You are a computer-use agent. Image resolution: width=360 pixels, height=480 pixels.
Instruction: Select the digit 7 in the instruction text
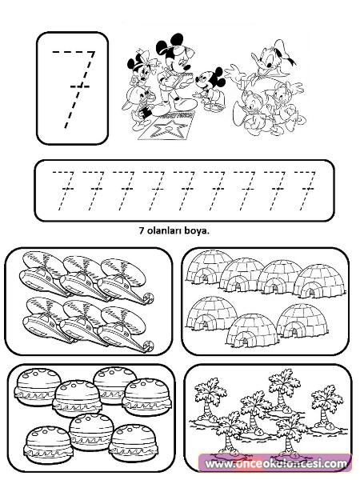(142, 230)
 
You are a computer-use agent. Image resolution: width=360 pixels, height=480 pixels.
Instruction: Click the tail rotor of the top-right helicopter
(149, 298)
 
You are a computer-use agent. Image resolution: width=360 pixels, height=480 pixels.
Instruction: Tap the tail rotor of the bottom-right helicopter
(149, 346)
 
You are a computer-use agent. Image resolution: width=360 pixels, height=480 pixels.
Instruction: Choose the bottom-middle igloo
(252, 330)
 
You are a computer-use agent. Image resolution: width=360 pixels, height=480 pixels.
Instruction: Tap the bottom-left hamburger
(47, 442)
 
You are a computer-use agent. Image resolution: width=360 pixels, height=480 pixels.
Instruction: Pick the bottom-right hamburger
(134, 442)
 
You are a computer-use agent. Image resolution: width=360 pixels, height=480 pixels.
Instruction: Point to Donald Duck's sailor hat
(286, 53)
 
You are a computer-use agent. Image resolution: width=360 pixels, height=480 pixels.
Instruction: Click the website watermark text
(276, 464)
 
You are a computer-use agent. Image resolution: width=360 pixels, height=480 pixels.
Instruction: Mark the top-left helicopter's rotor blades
(43, 262)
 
